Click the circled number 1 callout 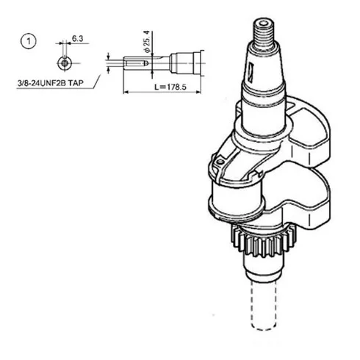point(29,41)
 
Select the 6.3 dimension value point(78,38)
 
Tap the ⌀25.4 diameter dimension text point(147,42)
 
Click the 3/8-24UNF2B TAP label point(51,83)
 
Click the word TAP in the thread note point(76,83)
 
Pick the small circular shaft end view point(65,63)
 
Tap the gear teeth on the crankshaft point(263,242)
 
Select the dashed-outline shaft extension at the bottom point(264,305)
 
